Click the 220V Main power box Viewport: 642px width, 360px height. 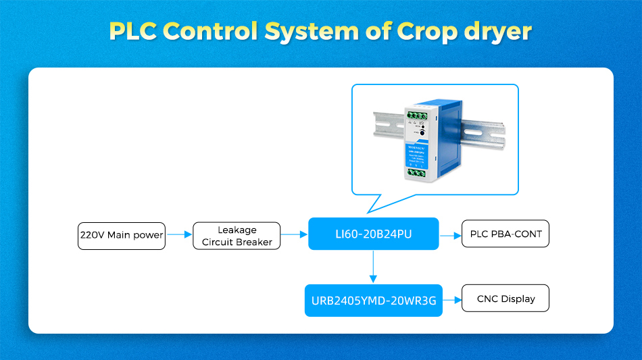(122, 235)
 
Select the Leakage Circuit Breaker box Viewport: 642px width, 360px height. (237, 236)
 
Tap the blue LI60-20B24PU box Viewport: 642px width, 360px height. (373, 234)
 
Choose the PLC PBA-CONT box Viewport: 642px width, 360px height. (505, 234)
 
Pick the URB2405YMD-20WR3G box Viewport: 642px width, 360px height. (373, 300)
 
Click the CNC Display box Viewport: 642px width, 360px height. (505, 299)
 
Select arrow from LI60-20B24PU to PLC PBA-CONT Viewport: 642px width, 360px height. (449, 235)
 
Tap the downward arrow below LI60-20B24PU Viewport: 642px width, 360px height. (373, 266)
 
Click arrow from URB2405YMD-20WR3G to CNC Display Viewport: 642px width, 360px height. (451, 299)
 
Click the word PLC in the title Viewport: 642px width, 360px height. (132, 31)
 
